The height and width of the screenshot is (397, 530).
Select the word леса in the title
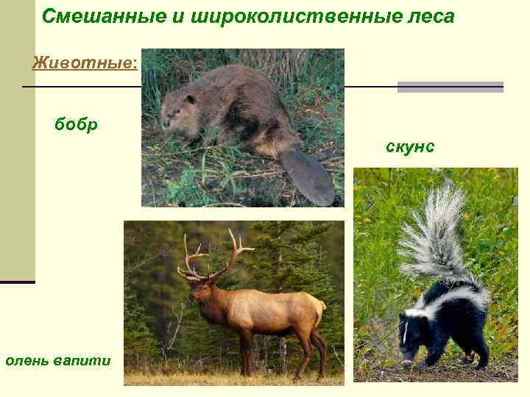click(427, 16)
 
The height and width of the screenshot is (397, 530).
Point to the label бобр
click(76, 124)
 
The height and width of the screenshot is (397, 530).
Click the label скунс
click(410, 147)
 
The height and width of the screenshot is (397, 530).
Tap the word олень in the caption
click(28, 360)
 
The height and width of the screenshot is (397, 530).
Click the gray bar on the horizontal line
click(450, 87)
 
